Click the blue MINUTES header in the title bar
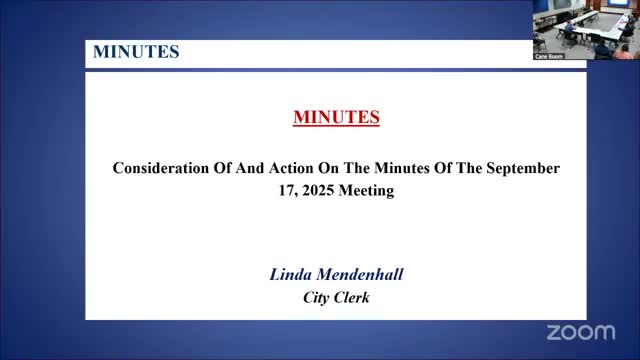(136, 52)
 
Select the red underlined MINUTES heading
(336, 118)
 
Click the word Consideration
(160, 168)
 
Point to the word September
(523, 169)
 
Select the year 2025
(318, 191)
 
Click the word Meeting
(366, 191)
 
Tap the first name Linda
(291, 274)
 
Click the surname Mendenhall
(360, 274)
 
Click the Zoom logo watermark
(581, 332)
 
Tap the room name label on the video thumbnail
(549, 56)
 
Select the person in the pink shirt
(623, 52)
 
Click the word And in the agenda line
(250, 168)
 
